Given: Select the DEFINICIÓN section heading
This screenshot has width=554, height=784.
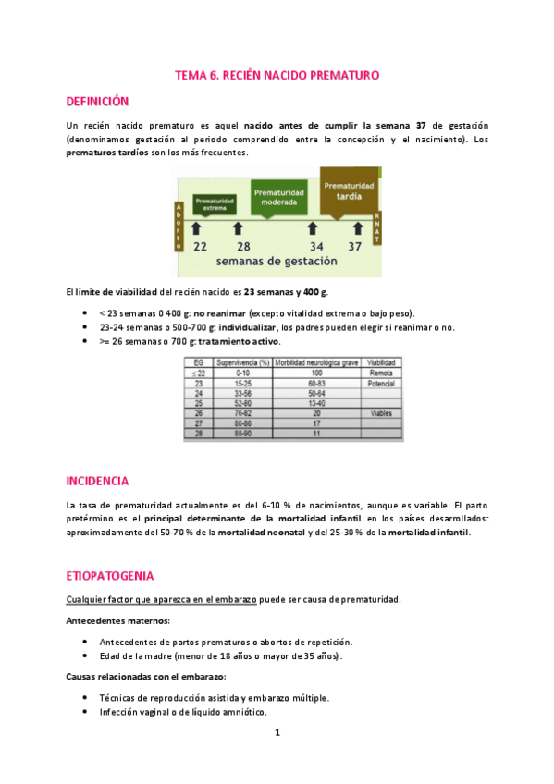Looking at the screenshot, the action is (x=97, y=101).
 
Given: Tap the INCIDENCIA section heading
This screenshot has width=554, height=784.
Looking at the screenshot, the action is (x=97, y=481).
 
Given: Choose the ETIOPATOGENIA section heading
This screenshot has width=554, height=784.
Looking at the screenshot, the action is (x=104, y=575).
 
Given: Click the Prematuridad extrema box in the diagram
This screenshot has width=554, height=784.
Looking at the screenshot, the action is (x=215, y=203).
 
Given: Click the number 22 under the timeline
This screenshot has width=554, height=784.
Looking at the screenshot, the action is (x=200, y=246).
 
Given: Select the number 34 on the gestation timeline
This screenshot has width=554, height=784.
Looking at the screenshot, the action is (x=317, y=246).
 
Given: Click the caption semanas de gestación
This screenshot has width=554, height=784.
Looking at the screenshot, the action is (x=277, y=262).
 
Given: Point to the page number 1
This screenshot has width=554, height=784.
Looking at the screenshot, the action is (x=277, y=733).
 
